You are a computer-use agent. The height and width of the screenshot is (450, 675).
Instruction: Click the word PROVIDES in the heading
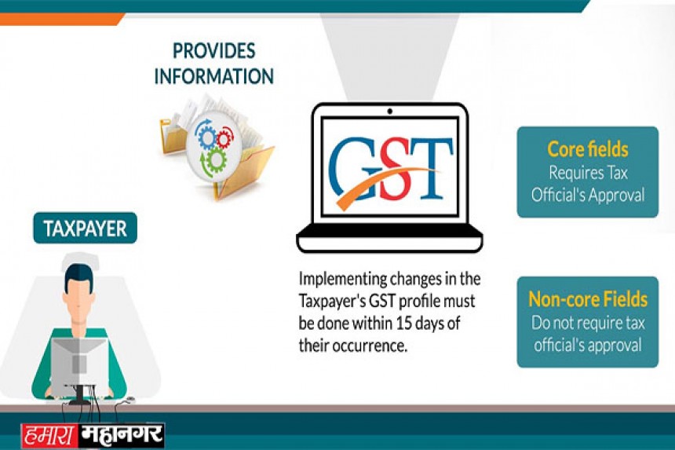click(214, 51)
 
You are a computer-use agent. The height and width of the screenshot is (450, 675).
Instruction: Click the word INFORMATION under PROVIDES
click(214, 76)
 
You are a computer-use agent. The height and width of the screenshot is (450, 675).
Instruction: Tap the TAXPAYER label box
click(86, 229)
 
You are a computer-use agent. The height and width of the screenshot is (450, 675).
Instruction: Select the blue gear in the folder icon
click(207, 137)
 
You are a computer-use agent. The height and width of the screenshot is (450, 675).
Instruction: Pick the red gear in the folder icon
click(224, 139)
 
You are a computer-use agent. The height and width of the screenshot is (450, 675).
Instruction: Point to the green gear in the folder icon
click(215, 160)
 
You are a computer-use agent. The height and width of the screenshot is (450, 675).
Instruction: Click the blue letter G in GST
click(354, 169)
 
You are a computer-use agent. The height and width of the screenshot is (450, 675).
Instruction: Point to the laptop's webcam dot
click(389, 111)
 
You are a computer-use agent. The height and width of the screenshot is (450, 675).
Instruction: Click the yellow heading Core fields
click(588, 149)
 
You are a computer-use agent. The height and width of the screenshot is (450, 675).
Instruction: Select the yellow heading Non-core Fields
click(588, 299)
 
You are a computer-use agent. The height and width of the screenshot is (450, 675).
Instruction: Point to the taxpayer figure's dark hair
click(78, 275)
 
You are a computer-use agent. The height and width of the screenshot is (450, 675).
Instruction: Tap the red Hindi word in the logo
click(50, 435)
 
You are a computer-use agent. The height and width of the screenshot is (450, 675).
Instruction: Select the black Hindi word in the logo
click(122, 435)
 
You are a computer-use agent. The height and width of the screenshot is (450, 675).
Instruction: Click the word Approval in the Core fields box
click(616, 196)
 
